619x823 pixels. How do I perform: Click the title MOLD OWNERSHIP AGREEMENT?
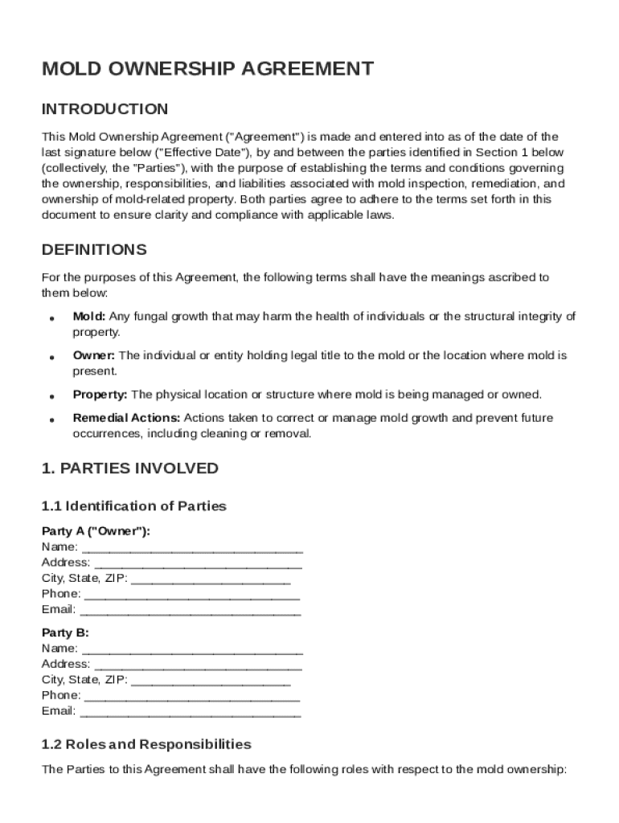tap(207, 69)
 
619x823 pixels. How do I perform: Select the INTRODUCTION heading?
tap(105, 109)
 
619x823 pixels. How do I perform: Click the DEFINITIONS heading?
tap(94, 250)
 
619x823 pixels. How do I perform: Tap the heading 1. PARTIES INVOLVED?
tap(129, 469)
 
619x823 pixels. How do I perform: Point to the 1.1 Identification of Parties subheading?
tap(133, 506)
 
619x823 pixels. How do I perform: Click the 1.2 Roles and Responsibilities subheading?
tap(146, 744)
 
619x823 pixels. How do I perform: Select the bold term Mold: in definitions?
tap(89, 317)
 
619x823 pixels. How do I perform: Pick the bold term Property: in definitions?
tap(100, 395)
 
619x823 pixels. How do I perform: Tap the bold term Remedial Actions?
tap(126, 418)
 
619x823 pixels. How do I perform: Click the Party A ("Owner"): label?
tap(96, 531)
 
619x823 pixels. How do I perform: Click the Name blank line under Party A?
tap(192, 547)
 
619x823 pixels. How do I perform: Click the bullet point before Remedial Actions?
tap(51, 420)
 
